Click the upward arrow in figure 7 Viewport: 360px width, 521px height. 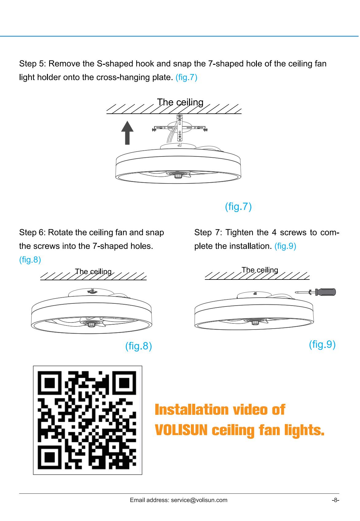click(x=127, y=133)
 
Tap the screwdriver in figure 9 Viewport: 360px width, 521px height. click(x=315, y=292)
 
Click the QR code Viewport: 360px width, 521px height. click(x=87, y=420)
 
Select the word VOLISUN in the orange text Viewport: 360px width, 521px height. click(x=181, y=430)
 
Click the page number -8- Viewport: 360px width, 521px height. click(x=335, y=500)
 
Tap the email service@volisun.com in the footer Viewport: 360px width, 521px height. click(x=199, y=500)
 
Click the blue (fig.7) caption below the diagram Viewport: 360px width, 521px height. click(x=238, y=206)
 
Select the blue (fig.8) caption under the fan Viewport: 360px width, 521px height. click(x=138, y=346)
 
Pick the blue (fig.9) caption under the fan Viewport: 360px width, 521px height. click(x=322, y=345)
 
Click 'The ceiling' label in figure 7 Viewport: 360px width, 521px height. click(x=180, y=102)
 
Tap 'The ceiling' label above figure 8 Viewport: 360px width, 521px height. click(x=93, y=272)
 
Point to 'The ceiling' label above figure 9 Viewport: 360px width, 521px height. click(x=260, y=270)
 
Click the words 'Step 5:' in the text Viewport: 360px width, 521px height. click(x=33, y=64)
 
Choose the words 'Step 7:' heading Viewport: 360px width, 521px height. click(x=208, y=232)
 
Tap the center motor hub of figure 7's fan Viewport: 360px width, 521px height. click(x=178, y=175)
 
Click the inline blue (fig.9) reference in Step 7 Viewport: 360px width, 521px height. click(x=285, y=246)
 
